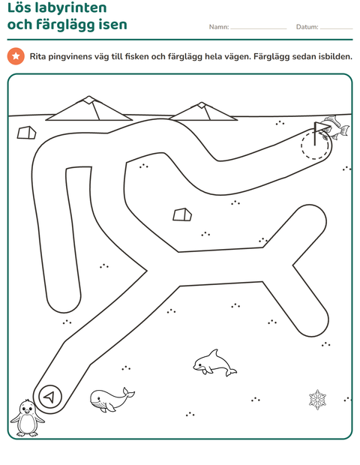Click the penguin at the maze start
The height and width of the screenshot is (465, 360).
coord(27,418)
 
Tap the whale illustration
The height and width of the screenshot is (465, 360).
coord(111,400)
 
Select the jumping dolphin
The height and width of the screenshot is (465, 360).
coord(214,363)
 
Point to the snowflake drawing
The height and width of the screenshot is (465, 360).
coord(317,400)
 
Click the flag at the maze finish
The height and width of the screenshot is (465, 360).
coord(321,133)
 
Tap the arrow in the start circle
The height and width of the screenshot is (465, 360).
coord(49,397)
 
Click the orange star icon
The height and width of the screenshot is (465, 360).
coord(16,56)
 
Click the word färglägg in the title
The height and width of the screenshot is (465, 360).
coord(65,25)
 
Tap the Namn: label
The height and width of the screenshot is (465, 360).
coord(219,27)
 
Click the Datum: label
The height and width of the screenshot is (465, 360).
coord(307,27)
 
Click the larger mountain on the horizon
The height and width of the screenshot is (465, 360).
coord(88,109)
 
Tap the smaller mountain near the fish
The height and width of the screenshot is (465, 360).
coord(203,112)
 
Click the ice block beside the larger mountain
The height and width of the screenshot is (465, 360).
coord(26,133)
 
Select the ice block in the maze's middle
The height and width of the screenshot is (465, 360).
coord(182,214)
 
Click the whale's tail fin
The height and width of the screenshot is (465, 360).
coord(128,393)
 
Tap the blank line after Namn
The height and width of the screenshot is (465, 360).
coord(259,29)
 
